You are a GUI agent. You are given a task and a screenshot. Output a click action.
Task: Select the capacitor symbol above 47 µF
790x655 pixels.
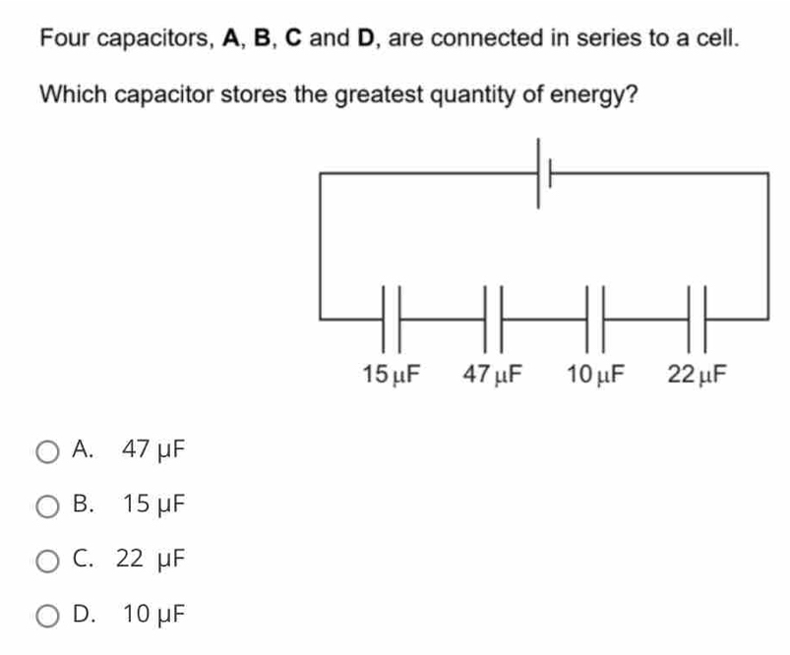[x=494, y=319]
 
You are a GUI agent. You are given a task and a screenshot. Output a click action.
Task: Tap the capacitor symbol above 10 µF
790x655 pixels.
[x=596, y=319]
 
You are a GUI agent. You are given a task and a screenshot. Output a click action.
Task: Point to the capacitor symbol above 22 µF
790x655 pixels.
[x=698, y=319]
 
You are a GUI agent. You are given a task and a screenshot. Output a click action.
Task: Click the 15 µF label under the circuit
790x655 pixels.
[x=391, y=375]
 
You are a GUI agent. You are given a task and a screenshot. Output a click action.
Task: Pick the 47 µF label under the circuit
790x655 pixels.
[x=494, y=375]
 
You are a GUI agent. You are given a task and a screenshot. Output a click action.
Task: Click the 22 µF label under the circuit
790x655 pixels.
[x=698, y=375]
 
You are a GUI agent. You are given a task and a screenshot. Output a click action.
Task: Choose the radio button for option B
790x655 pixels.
[x=47, y=506]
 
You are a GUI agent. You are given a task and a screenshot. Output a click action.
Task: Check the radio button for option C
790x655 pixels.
[x=47, y=562]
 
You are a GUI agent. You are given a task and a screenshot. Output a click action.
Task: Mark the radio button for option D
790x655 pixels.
[x=47, y=617]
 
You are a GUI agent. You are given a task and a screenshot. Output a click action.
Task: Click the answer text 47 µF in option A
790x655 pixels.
[x=152, y=450]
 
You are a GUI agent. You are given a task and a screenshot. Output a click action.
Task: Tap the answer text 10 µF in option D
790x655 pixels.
[x=152, y=616]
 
